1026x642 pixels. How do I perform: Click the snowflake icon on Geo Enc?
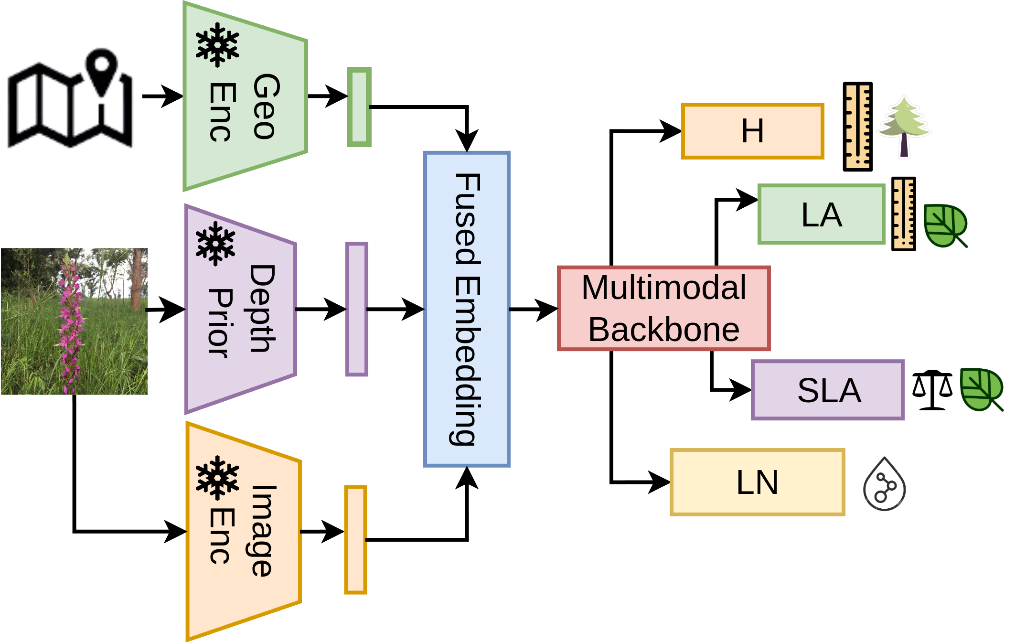pos(217,45)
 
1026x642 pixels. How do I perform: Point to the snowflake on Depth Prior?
pos(215,244)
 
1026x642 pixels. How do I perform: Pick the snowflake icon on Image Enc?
pos(217,478)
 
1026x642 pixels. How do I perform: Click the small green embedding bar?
pos(359,107)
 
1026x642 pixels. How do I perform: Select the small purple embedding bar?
pos(356,310)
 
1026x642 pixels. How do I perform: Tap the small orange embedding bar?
pos(355,540)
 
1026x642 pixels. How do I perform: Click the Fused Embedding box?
pos(467,309)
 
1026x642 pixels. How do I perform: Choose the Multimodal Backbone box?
pos(663,309)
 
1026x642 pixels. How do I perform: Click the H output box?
pos(752,131)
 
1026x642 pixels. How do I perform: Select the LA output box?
pos(821,214)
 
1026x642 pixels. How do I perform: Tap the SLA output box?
pos(828,390)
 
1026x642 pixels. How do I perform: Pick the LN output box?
pos(757,482)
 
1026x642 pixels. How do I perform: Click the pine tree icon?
pos(903,125)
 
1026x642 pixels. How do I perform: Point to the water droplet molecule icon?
pos(884,484)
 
